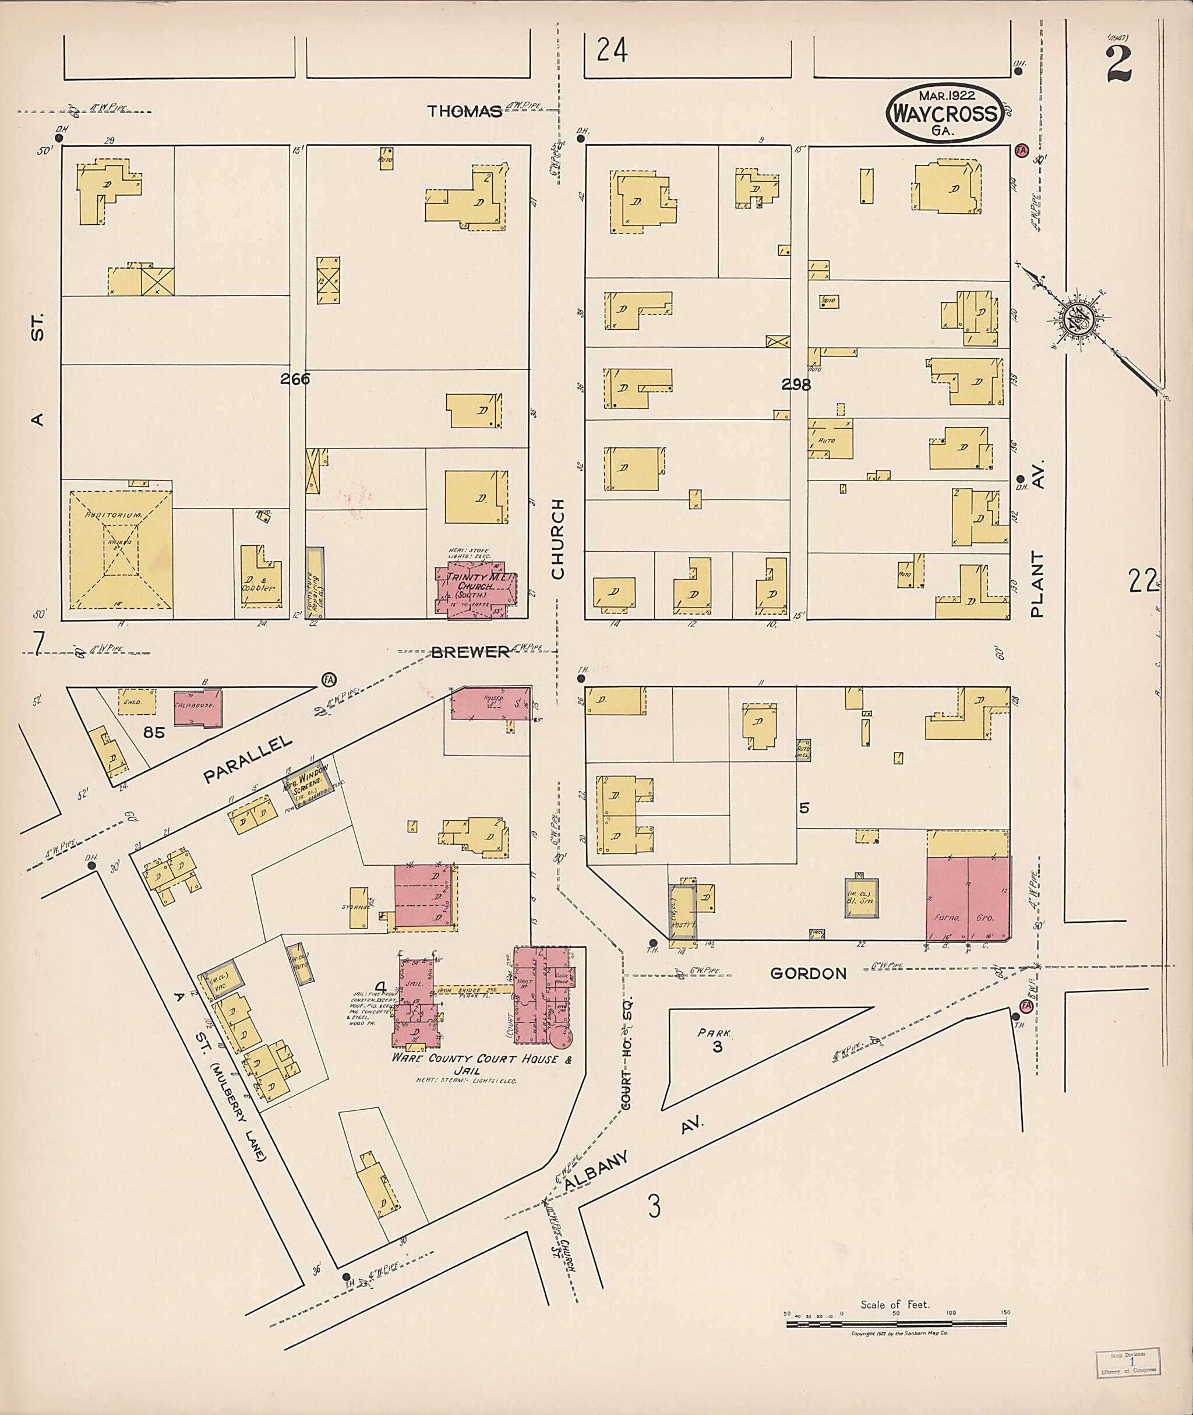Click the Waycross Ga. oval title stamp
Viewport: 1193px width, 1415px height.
click(x=944, y=113)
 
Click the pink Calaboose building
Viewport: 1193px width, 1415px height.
click(x=197, y=708)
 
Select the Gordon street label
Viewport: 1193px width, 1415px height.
click(x=808, y=973)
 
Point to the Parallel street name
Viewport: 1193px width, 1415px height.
click(x=248, y=759)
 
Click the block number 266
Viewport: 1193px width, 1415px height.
click(x=295, y=379)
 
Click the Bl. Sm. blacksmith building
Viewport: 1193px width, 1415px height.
click(x=861, y=898)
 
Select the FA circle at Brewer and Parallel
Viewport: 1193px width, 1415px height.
click(x=329, y=679)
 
